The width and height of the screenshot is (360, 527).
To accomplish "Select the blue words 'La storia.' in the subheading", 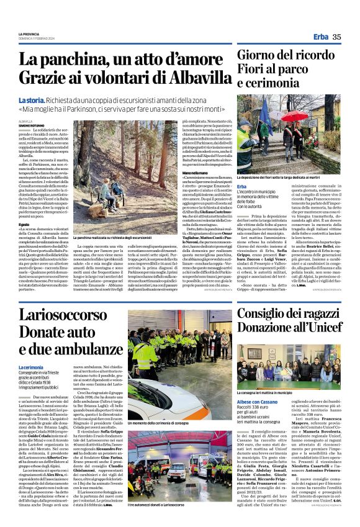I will click(31, 99).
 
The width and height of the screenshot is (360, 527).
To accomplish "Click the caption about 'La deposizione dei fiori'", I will click(289, 178).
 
